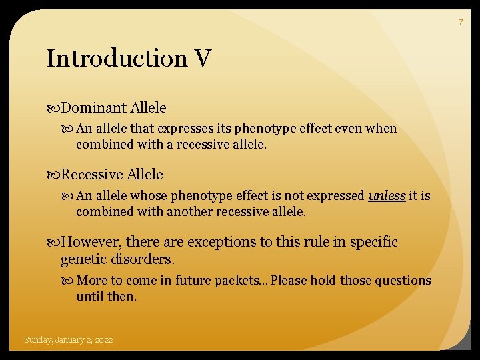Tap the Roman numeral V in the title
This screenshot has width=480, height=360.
click(x=203, y=59)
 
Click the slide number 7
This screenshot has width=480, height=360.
click(x=459, y=23)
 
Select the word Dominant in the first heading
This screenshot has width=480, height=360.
click(x=94, y=107)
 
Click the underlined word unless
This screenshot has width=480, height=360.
click(x=387, y=195)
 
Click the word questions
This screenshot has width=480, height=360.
click(x=399, y=281)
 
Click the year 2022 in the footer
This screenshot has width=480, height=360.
click(x=103, y=340)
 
